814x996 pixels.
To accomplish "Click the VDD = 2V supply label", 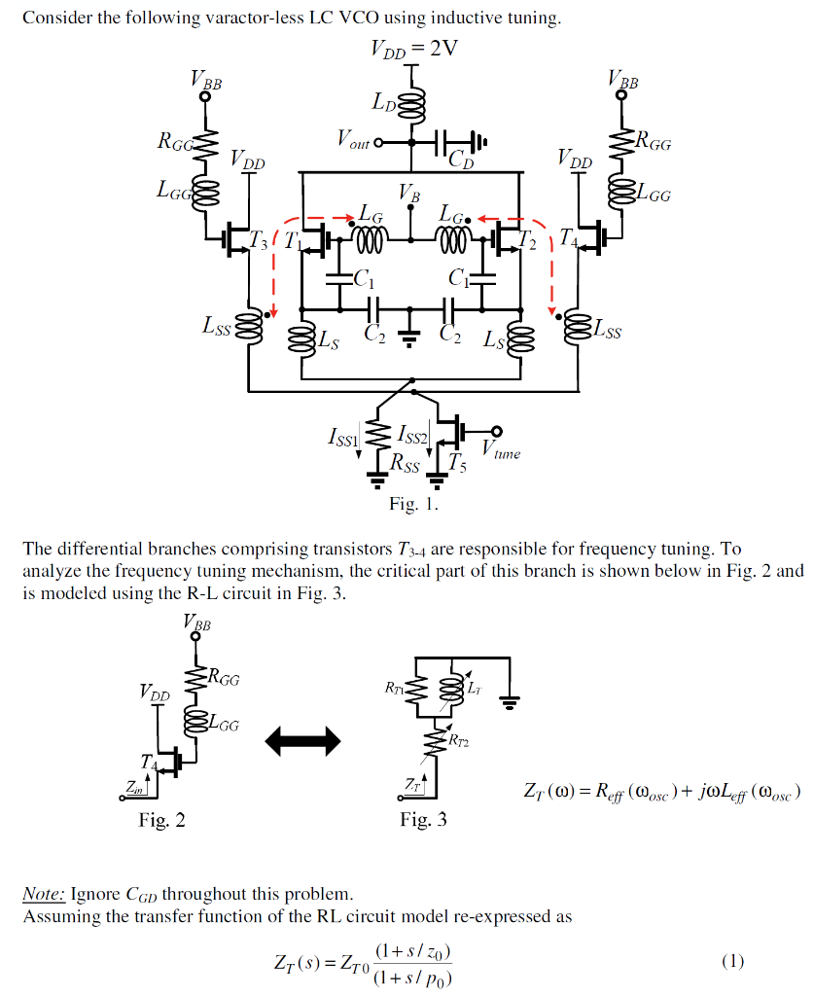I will click(x=412, y=50).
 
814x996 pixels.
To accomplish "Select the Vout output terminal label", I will click(x=353, y=142).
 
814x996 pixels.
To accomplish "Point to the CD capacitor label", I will click(x=460, y=161).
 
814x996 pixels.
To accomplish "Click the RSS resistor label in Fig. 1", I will click(x=404, y=466).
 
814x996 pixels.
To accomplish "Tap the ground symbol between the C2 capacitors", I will click(x=410, y=338).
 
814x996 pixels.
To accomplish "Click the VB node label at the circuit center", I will click(x=410, y=196).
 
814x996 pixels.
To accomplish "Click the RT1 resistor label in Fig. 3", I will click(x=393, y=688).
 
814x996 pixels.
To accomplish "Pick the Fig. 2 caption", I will click(x=161, y=819).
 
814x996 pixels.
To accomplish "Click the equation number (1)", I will click(x=732, y=961).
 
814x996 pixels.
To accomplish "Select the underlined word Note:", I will click(x=43, y=893).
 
